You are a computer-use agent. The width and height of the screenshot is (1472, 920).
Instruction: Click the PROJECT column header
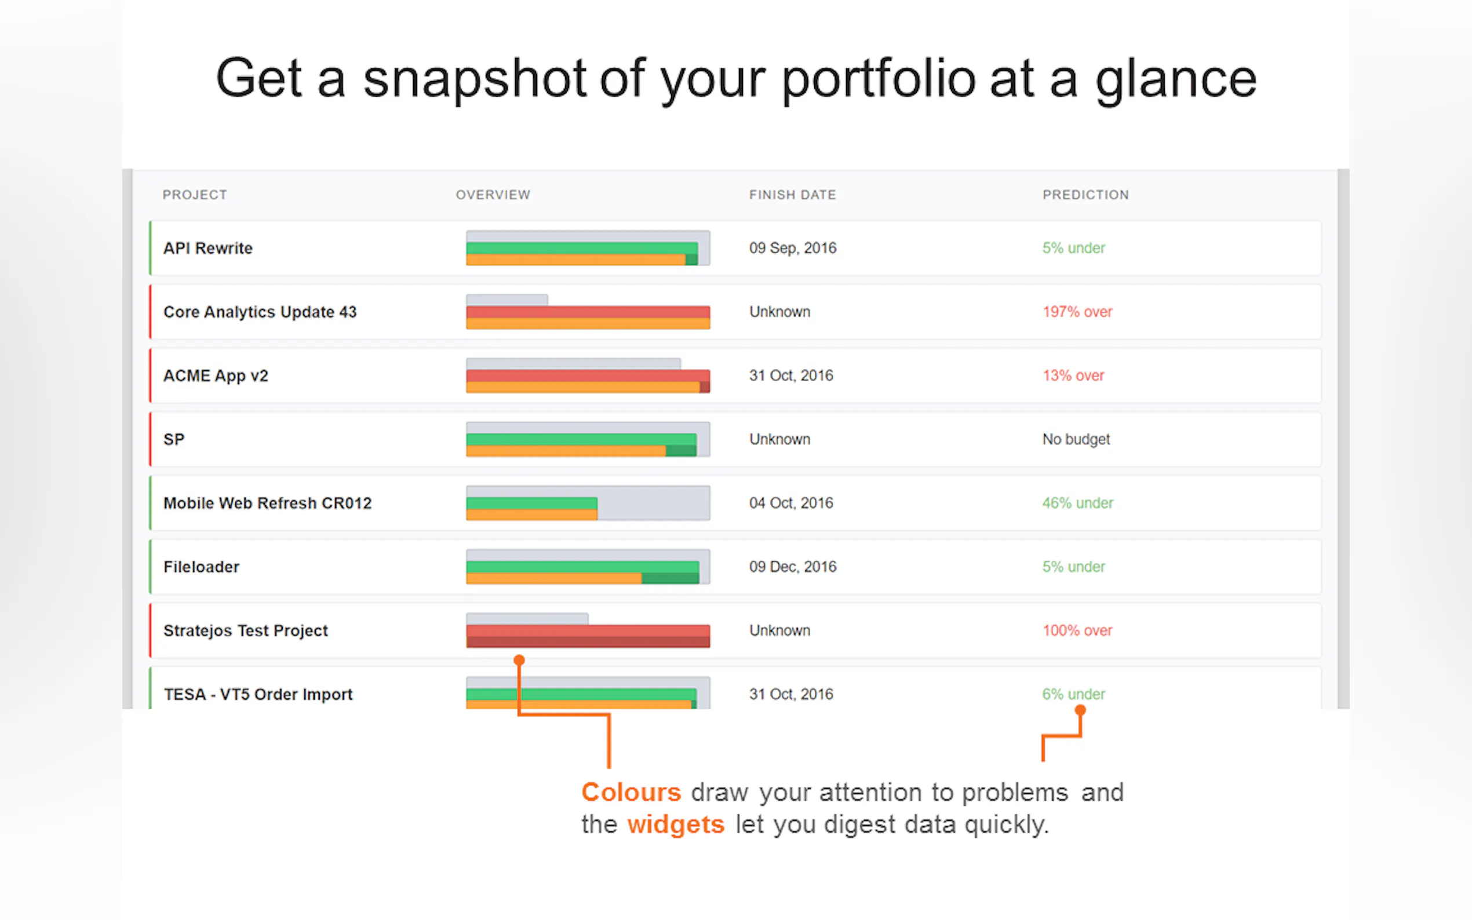pyautogui.click(x=195, y=195)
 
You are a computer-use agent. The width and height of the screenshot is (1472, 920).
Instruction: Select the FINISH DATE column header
pyautogui.click(x=792, y=195)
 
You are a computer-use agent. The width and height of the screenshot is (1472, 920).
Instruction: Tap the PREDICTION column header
pyautogui.click(x=1085, y=195)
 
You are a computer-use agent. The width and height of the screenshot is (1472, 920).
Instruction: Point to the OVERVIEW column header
pyautogui.click(x=493, y=195)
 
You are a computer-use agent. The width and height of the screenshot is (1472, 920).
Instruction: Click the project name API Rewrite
pyautogui.click(x=208, y=249)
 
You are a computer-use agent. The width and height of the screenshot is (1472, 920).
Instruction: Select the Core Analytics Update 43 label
pyautogui.click(x=260, y=312)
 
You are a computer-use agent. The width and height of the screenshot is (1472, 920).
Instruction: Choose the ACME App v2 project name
pyautogui.click(x=216, y=376)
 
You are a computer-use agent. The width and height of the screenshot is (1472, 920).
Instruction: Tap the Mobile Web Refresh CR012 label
pyautogui.click(x=267, y=503)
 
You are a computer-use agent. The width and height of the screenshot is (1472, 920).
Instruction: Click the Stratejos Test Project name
pyautogui.click(x=245, y=631)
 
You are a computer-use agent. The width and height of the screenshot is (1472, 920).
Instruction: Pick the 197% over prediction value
pyautogui.click(x=1077, y=312)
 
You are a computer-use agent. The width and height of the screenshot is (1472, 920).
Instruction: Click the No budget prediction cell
pyautogui.click(x=1076, y=440)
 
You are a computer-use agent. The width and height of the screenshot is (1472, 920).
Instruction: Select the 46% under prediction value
pyautogui.click(x=1078, y=503)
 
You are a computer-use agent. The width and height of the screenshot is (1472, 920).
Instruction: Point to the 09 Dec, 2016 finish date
pyautogui.click(x=793, y=567)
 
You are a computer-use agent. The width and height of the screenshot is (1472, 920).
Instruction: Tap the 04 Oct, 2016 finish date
pyautogui.click(x=791, y=503)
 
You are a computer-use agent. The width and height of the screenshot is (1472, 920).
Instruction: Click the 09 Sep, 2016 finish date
pyautogui.click(x=793, y=249)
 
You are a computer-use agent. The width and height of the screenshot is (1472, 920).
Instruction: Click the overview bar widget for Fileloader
pyautogui.click(x=588, y=567)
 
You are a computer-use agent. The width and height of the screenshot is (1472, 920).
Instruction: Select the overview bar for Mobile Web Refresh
pyautogui.click(x=588, y=503)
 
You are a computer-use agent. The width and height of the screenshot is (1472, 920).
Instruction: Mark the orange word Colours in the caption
pyautogui.click(x=631, y=792)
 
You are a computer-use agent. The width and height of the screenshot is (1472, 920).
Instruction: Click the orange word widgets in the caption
pyautogui.click(x=676, y=825)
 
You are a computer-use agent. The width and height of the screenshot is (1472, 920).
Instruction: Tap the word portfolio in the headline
pyautogui.click(x=879, y=79)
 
